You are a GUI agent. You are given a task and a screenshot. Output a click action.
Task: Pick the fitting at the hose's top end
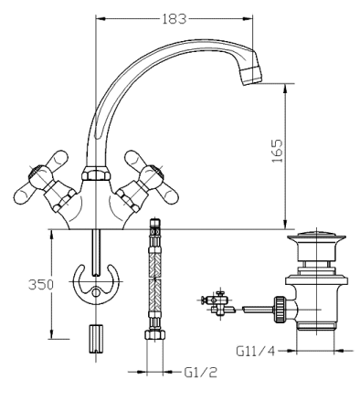(155, 227)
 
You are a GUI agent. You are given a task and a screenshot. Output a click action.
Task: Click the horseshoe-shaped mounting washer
(96, 283)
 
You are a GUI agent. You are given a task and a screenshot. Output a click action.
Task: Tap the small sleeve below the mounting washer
(96, 334)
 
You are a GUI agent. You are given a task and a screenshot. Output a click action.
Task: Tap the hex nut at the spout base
(95, 174)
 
